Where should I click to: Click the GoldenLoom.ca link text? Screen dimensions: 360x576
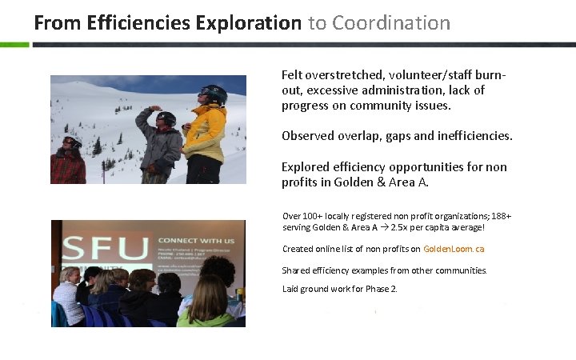tap(454, 249)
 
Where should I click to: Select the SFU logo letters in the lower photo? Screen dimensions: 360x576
tap(105, 249)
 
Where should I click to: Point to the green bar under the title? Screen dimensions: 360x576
tap(14, 45)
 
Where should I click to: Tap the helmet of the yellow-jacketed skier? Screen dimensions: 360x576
tap(214, 94)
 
